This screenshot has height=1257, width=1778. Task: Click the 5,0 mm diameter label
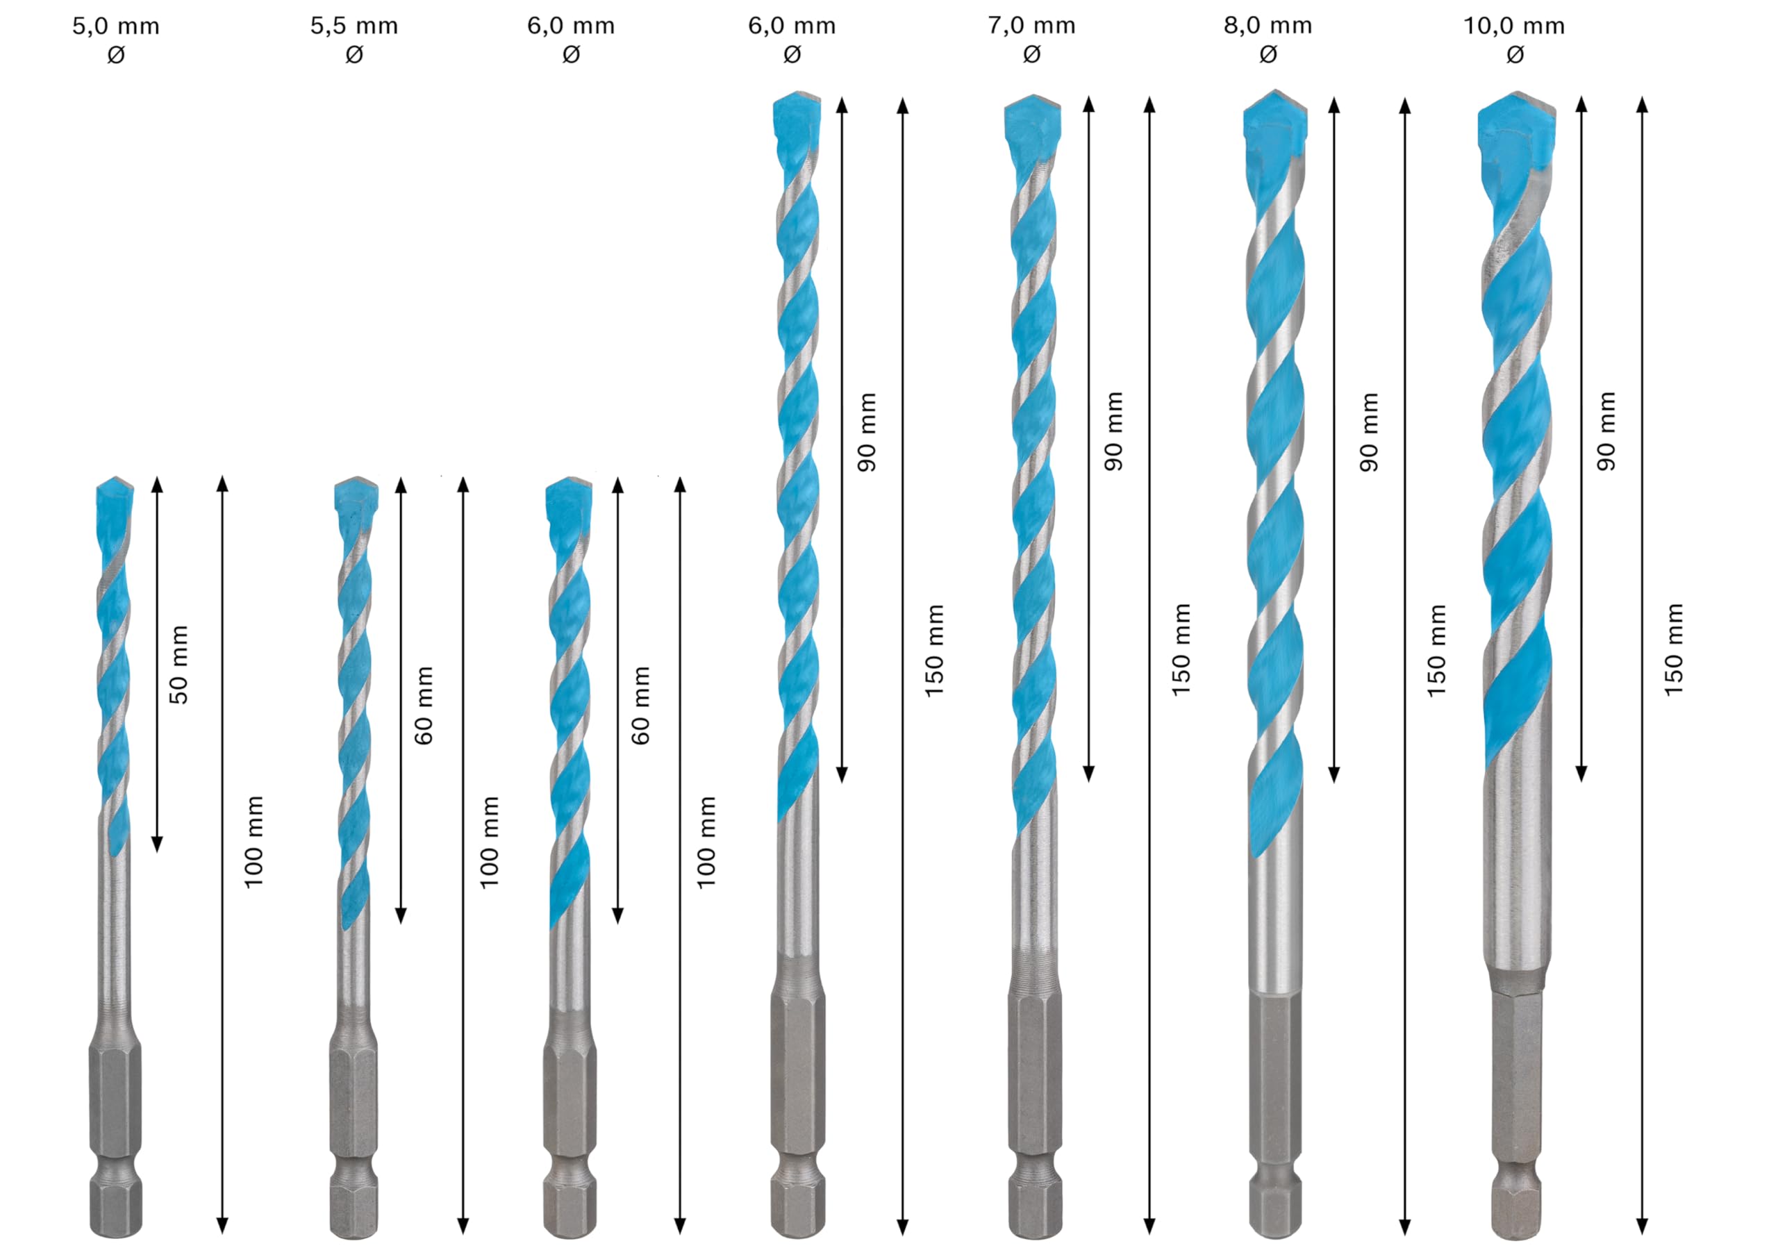[x=116, y=26]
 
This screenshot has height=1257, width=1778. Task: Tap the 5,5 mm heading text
[x=354, y=26]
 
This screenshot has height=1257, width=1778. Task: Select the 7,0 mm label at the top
[x=1031, y=26]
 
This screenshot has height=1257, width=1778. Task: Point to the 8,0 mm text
[x=1268, y=26]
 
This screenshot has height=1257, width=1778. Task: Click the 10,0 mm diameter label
[x=1514, y=26]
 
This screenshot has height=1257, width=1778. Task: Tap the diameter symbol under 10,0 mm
[x=1515, y=55]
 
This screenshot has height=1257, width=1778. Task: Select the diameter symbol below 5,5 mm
[x=354, y=55]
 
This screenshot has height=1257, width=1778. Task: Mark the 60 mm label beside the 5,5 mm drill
[x=424, y=705]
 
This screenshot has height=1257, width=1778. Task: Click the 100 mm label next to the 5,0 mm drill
[x=254, y=842]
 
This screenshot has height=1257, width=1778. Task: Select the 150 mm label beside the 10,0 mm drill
[x=1673, y=649]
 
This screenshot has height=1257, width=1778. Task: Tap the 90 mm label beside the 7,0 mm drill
[x=1113, y=431]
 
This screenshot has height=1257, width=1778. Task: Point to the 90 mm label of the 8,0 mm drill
[x=1369, y=431]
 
